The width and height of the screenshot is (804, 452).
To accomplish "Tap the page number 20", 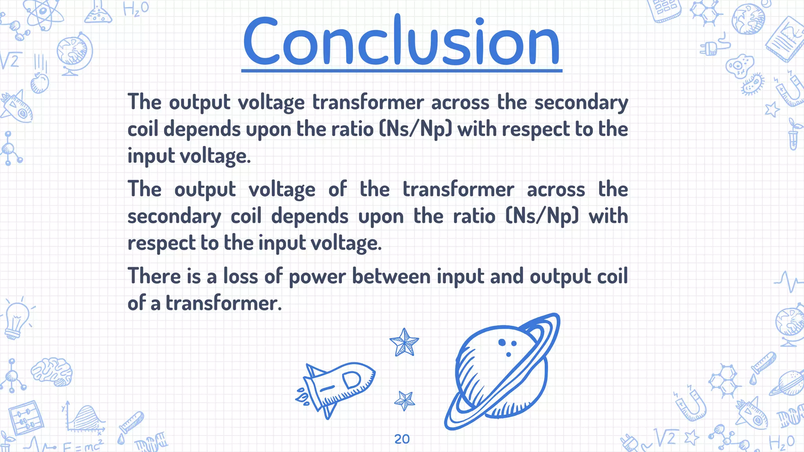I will (x=402, y=439).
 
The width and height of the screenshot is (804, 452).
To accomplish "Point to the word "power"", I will (x=317, y=277).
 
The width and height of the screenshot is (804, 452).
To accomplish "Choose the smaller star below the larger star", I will (x=404, y=401).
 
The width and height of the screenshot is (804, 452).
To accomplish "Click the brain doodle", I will (x=52, y=371).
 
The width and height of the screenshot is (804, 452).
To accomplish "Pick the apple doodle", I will (x=40, y=83).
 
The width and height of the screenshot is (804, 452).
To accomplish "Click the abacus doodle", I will (x=25, y=418).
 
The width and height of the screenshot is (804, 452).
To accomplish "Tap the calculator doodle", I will (x=666, y=10).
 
